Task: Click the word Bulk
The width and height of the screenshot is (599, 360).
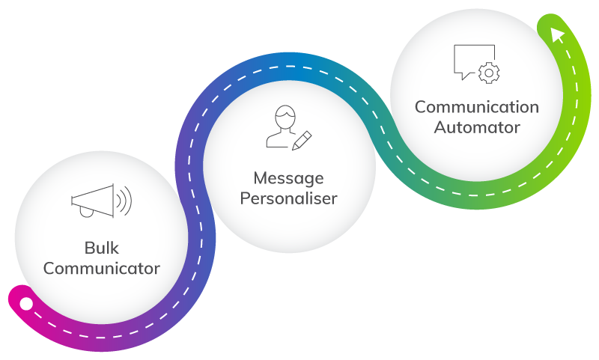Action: (101, 248)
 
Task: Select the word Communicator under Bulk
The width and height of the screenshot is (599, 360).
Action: (101, 268)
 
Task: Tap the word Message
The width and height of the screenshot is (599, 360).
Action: (288, 179)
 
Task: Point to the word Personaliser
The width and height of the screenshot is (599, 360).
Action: (288, 199)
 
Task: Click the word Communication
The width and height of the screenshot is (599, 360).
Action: (477, 107)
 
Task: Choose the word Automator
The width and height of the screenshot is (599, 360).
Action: (477, 127)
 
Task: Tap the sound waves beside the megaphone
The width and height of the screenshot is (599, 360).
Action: (124, 200)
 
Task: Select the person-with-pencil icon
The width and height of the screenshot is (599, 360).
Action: (288, 129)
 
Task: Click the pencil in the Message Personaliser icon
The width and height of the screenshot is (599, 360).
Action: (302, 139)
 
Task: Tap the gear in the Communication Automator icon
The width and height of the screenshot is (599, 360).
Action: (490, 73)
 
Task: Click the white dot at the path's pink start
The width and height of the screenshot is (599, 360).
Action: (26, 304)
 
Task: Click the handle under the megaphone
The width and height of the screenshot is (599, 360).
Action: (88, 212)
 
